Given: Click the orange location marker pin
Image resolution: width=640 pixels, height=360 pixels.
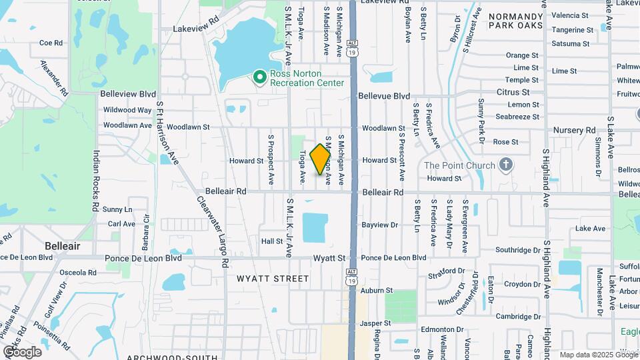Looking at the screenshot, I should (x=321, y=159).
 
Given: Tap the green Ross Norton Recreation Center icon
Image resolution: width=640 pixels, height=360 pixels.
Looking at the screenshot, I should (x=260, y=78).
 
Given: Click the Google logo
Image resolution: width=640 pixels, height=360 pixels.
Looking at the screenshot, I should (x=23, y=351).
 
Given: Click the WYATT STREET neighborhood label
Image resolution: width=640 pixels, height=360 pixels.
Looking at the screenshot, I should (x=273, y=279).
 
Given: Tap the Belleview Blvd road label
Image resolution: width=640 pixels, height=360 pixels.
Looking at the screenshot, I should (x=128, y=95).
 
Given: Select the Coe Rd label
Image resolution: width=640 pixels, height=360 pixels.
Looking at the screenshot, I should (x=51, y=43).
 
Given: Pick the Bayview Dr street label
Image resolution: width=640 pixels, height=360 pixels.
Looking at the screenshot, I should (x=379, y=225).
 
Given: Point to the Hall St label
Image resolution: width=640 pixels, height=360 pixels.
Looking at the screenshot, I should (x=272, y=241).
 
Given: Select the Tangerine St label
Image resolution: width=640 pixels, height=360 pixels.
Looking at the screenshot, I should (x=572, y=30).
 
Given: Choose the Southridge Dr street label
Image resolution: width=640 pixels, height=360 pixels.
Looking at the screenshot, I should (x=518, y=250).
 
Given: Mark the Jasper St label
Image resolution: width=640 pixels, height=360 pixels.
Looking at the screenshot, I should (x=375, y=323).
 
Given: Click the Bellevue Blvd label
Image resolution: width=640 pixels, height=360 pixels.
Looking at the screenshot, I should (x=384, y=96).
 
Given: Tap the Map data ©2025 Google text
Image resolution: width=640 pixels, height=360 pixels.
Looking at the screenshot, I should (x=598, y=355).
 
